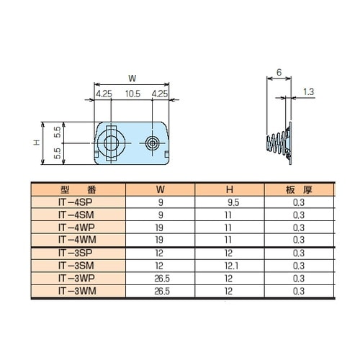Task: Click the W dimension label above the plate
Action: point(132,78)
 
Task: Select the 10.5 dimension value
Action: point(132,94)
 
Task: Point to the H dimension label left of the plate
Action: point(36,143)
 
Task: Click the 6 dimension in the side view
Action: point(279,72)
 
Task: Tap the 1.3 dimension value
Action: point(308,91)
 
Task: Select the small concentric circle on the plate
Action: point(152,143)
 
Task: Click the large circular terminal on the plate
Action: point(111,143)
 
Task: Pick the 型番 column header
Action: point(78,190)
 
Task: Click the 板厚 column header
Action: point(299,190)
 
